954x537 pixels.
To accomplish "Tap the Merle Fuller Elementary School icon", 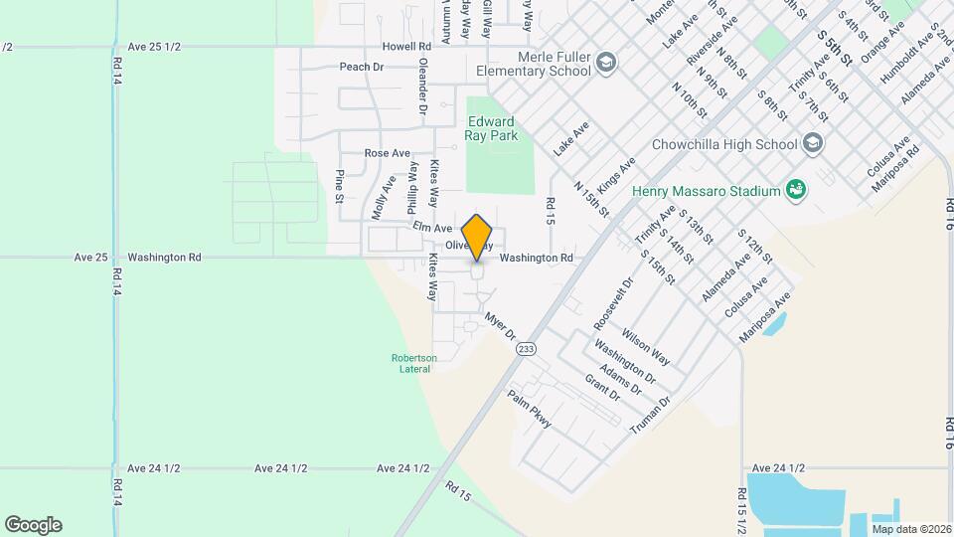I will [x=605, y=65].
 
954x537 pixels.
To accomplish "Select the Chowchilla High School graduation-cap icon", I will [x=814, y=143].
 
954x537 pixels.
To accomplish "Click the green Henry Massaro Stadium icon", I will [x=795, y=189].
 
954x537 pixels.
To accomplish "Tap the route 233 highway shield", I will [x=527, y=348].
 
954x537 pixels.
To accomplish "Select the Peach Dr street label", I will [x=361, y=67].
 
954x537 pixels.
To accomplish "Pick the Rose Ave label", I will [x=388, y=153].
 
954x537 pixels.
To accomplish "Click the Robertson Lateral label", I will [x=412, y=363].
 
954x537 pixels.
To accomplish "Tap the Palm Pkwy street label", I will [x=529, y=409].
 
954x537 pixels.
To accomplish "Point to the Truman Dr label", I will [x=651, y=415].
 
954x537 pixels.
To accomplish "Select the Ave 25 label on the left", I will [x=90, y=257].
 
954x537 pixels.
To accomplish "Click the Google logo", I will [x=33, y=524].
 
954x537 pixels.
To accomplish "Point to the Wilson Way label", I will [x=646, y=341].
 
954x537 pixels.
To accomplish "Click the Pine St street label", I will [x=339, y=186].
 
